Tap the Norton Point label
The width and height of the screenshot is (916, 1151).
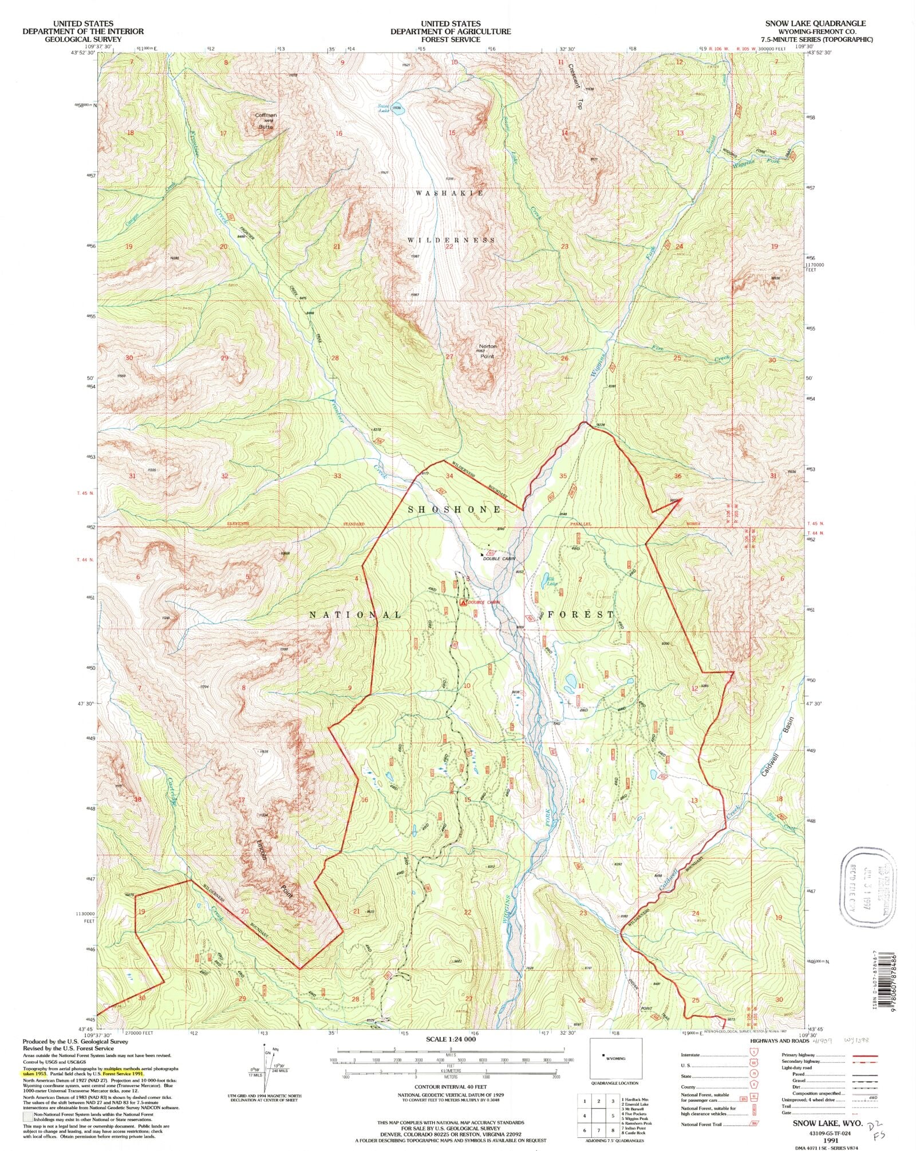pyautogui.click(x=488, y=351)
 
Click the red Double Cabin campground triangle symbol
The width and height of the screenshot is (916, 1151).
pyautogui.click(x=463, y=602)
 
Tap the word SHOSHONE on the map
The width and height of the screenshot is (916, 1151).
pyautogui.click(x=454, y=509)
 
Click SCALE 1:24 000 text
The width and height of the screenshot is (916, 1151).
pyautogui.click(x=451, y=1039)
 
